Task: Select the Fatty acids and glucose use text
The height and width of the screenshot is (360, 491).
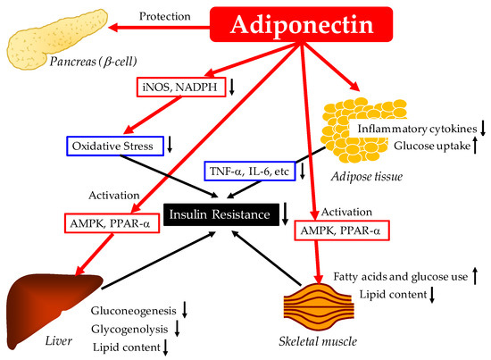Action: [x=401, y=277]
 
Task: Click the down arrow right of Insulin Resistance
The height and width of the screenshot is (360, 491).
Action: [x=285, y=213]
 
